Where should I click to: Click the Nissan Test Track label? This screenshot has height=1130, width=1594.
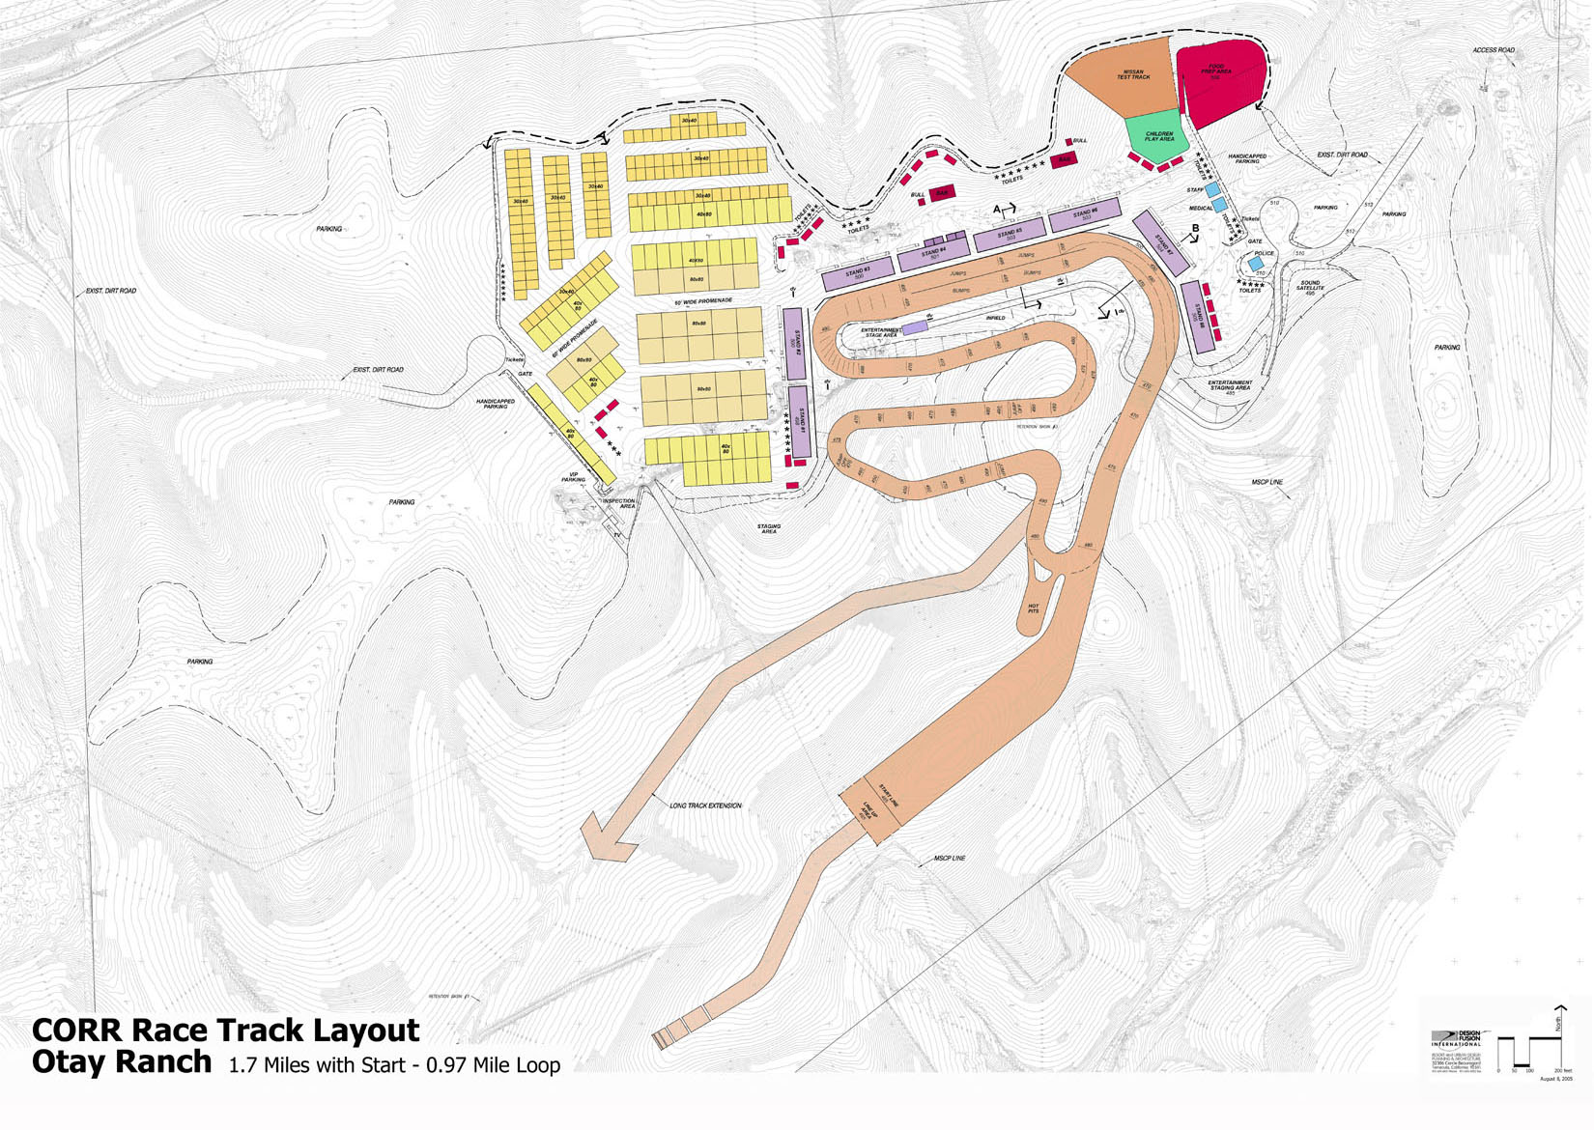[x=1133, y=74]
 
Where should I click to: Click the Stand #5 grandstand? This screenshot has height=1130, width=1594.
[x=1010, y=234]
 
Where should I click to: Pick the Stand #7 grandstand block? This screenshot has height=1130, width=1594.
[x=1159, y=243]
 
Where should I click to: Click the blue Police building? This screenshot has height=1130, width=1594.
[x=1255, y=263]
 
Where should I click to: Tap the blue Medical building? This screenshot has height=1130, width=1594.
[x=1220, y=205]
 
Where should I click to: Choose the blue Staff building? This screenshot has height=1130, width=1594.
[x=1211, y=190]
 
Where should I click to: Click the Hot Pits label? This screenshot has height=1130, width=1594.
[x=1033, y=608]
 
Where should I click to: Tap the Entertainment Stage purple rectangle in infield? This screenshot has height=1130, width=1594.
[x=914, y=328]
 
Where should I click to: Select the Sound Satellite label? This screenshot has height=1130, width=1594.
[x=1310, y=286]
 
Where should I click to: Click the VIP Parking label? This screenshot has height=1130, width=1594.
[x=573, y=477]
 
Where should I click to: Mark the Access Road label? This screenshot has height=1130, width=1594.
[x=1493, y=50]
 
